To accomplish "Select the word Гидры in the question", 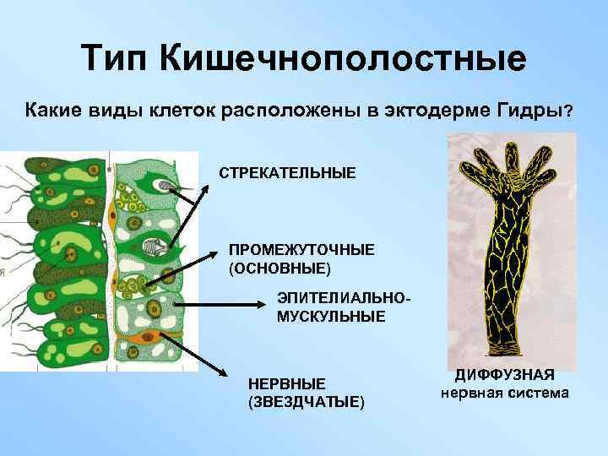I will coord(529,111).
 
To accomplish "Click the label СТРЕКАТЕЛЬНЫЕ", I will coord(288,173).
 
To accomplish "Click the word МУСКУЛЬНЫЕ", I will coord(331,316).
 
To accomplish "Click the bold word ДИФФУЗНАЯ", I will coord(504,377).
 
